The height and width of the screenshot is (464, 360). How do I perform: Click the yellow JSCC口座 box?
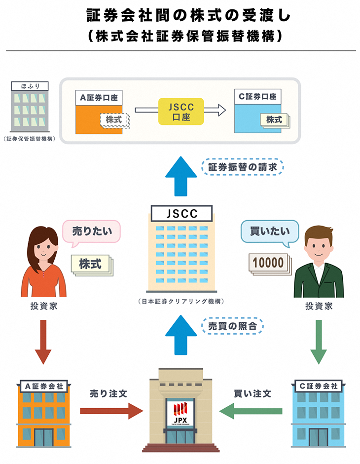point(180,111)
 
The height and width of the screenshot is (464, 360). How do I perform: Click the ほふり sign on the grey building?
point(30,86)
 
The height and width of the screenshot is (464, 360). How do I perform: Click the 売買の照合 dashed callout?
point(232,326)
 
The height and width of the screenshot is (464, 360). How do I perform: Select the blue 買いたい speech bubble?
point(268,231)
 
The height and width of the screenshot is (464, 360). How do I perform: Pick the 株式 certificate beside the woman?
point(91,264)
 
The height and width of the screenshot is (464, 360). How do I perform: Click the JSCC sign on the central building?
point(181,214)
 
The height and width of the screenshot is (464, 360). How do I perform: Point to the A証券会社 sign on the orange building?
point(44,386)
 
